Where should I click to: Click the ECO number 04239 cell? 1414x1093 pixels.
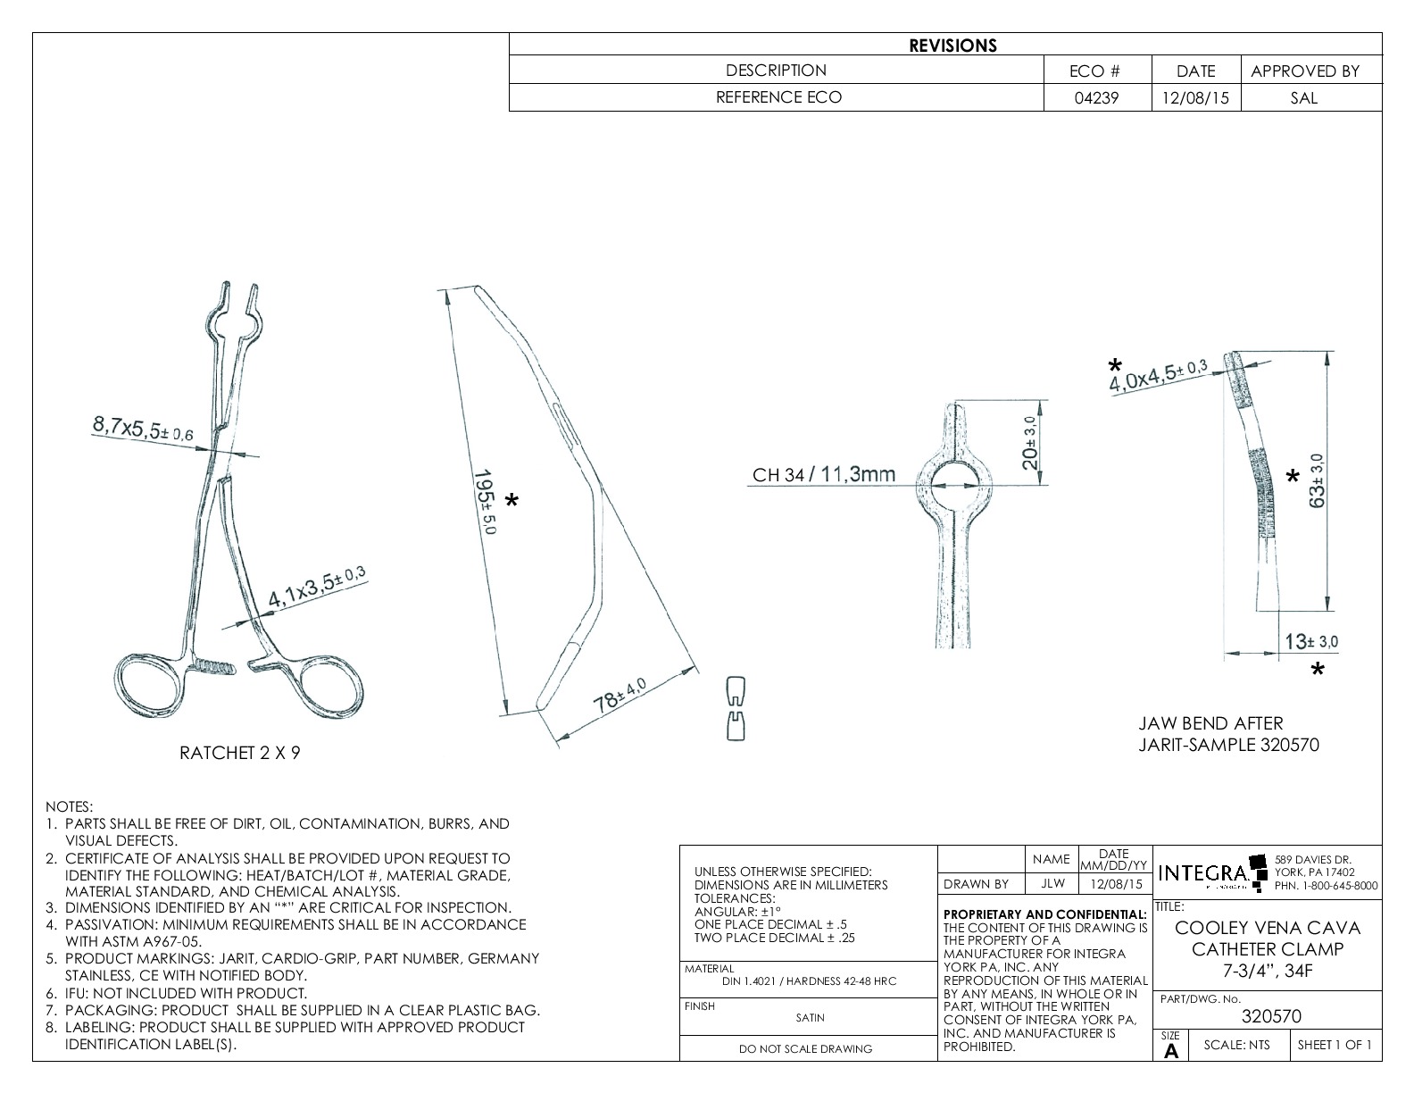tap(1096, 98)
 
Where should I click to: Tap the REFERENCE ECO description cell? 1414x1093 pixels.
tap(777, 97)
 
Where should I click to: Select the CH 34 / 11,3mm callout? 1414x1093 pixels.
tap(823, 474)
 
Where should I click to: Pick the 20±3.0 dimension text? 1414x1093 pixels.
tap(1030, 443)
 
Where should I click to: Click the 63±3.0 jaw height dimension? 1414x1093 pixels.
tap(1318, 480)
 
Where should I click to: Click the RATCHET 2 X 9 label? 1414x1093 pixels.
tap(240, 753)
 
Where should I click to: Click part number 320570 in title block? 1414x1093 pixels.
tap(1271, 1016)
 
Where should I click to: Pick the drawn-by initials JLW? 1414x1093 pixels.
tap(1052, 884)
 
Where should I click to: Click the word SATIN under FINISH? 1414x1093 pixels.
tap(810, 1017)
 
